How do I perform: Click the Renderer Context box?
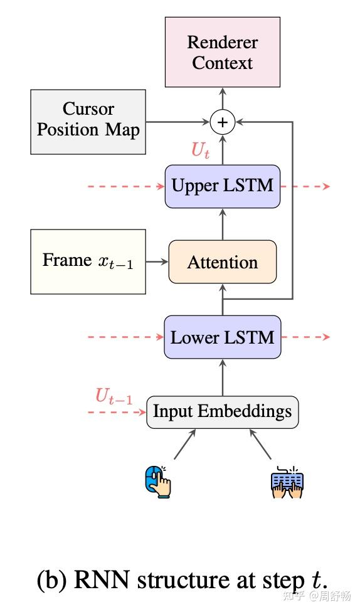222,52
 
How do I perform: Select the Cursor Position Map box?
88,121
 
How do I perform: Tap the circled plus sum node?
222,122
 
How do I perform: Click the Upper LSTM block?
222,186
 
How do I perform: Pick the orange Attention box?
222,261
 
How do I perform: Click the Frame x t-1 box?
88,261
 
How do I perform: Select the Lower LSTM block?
222,337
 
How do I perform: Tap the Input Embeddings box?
222,412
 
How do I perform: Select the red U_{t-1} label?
114,397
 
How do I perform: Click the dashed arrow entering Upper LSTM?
125,186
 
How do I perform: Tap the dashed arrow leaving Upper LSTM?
305,186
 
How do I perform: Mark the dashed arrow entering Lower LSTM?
125,337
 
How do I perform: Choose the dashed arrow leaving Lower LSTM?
305,337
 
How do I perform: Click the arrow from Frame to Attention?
157,261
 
